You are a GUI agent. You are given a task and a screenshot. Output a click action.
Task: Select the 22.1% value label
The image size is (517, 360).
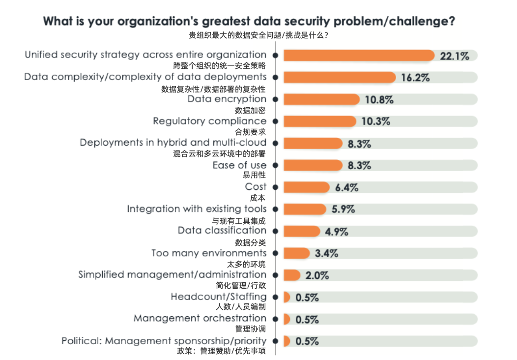coord(454,56)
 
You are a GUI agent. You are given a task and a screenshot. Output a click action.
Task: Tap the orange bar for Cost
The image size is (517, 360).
coord(306,187)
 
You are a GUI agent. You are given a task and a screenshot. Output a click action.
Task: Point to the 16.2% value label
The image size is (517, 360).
coord(416,78)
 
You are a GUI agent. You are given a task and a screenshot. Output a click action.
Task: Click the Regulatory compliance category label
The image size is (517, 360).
coord(210,121)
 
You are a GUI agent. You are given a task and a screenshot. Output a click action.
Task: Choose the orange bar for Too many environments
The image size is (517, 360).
coord(296,253)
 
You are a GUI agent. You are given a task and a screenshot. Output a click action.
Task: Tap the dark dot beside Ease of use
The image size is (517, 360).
coord(275,165)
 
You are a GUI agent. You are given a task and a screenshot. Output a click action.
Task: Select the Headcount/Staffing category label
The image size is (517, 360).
coord(219,297)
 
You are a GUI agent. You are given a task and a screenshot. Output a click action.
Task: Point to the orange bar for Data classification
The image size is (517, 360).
coord(301,232)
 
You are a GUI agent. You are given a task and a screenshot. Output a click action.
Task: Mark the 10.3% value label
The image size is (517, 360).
coord(376,121)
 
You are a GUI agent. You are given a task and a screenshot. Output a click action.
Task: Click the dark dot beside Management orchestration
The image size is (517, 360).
coord(275,319)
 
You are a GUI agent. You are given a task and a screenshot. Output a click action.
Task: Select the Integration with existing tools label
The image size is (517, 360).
coord(197,209)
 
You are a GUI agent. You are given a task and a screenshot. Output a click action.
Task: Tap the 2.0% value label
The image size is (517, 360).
coord(317,275)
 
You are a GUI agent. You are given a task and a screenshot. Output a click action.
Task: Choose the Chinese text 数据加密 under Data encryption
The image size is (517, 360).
coord(250,110)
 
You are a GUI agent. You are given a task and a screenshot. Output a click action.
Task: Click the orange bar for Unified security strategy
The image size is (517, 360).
coord(359,56)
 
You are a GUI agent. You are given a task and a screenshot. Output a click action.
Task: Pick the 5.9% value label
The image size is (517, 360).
coord(344,210)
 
